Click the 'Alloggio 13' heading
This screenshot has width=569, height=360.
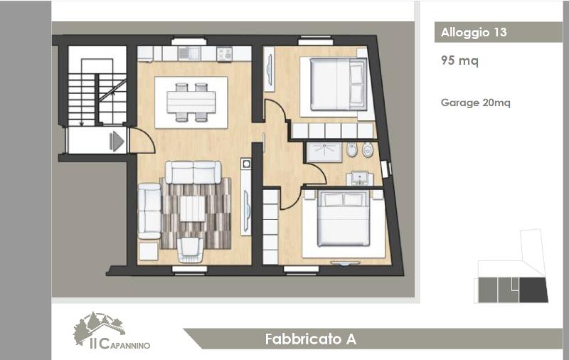[x=474, y=32]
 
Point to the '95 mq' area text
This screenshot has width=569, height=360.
[x=459, y=60]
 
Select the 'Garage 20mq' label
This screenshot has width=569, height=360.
[x=475, y=102]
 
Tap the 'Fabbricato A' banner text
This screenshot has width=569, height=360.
[x=311, y=339]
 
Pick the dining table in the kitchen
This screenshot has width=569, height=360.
[x=191, y=102]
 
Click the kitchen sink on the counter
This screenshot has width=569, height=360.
[x=189, y=54]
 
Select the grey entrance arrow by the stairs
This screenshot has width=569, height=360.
[x=117, y=141]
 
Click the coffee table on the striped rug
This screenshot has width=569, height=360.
[x=192, y=208]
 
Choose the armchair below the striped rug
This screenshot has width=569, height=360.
[x=189, y=250]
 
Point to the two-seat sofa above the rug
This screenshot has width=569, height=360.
[x=193, y=173]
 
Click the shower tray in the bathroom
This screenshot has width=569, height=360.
[x=324, y=152]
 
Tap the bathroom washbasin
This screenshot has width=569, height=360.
[x=359, y=179]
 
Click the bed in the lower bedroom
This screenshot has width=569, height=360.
[x=344, y=219]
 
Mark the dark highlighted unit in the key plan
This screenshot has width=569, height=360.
[x=533, y=290]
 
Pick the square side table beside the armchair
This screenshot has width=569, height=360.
[x=149, y=251]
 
